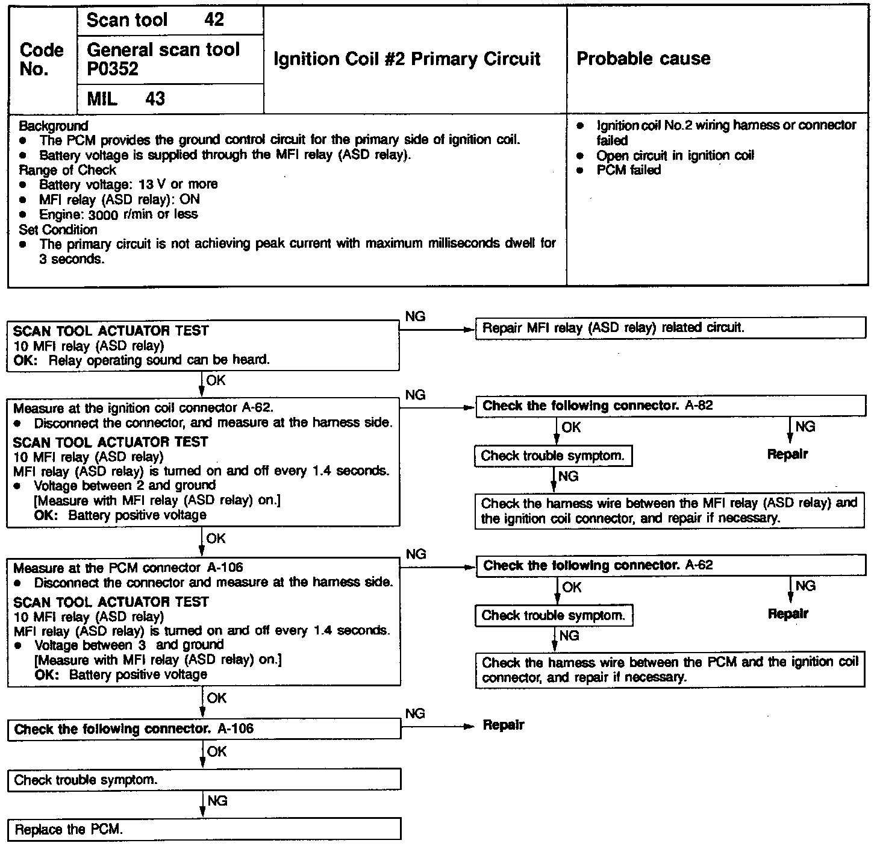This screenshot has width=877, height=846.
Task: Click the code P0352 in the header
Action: tap(113, 69)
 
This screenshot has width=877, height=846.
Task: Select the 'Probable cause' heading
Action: tap(643, 58)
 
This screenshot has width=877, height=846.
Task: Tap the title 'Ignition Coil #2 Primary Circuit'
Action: tap(407, 58)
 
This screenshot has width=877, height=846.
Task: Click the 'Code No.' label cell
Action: tap(42, 59)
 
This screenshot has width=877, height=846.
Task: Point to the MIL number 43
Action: tap(155, 99)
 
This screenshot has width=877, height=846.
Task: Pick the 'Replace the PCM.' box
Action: tap(204, 829)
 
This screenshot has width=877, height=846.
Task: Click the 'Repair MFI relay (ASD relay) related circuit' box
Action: tap(670, 328)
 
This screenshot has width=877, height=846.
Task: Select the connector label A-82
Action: tap(699, 406)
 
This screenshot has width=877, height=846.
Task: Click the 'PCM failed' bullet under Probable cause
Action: tap(628, 170)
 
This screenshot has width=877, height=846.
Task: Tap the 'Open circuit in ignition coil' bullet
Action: tap(675, 155)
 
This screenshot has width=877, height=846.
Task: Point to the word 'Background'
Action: tap(54, 126)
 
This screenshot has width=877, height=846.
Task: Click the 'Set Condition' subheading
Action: tap(58, 230)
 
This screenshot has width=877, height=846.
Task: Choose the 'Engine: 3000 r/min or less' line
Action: tap(118, 215)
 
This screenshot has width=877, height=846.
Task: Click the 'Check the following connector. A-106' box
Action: tap(204, 729)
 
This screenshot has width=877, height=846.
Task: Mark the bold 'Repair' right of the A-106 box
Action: tap(504, 725)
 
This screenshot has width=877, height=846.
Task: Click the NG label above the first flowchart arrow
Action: tap(415, 316)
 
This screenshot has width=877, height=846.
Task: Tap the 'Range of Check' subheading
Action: tap(67, 170)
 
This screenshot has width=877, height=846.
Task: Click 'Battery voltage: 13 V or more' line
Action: tap(128, 184)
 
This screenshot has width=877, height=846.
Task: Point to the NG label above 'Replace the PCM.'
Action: tap(217, 801)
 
